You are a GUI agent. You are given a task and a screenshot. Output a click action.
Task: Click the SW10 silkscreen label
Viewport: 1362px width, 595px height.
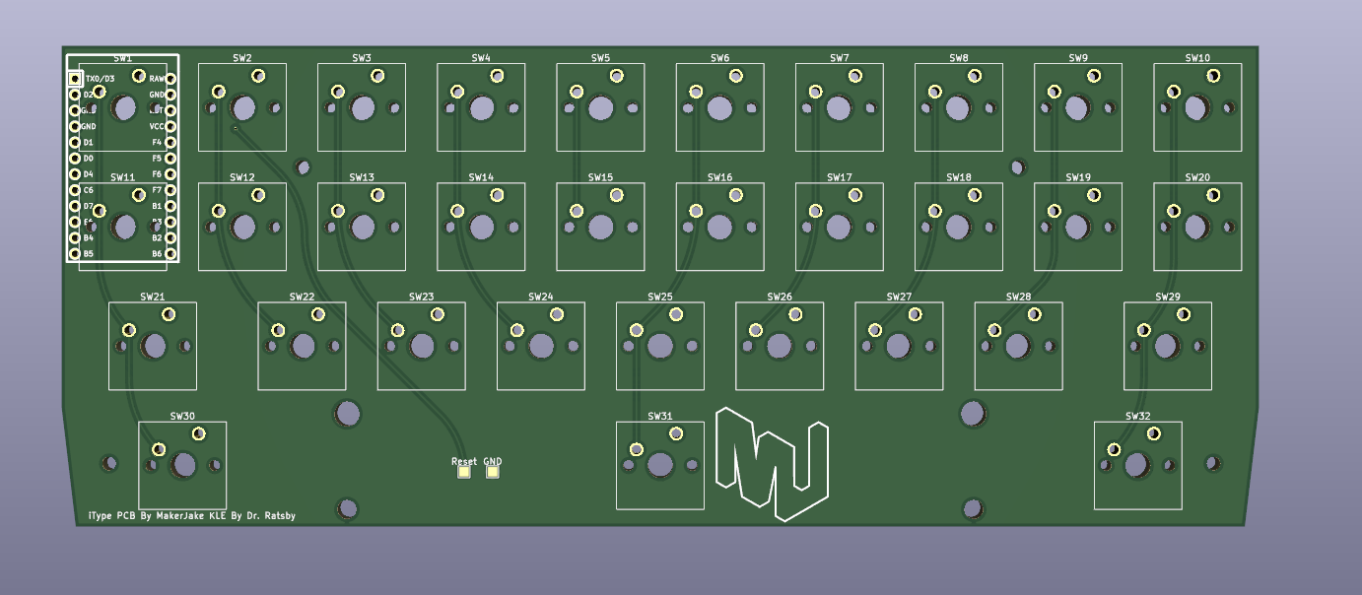[1197, 58]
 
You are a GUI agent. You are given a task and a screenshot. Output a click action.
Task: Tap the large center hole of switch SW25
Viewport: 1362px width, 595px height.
[660, 346]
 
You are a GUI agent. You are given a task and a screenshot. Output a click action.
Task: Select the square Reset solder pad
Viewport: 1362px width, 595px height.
[464, 472]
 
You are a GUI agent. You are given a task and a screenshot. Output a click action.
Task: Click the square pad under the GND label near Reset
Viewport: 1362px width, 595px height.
[493, 472]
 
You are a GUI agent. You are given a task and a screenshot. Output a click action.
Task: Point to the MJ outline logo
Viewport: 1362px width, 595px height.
[773, 463]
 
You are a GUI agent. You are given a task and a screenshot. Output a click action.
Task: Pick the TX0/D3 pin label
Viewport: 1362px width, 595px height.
[100, 79]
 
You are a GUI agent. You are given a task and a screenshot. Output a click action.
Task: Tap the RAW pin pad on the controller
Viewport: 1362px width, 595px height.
[170, 79]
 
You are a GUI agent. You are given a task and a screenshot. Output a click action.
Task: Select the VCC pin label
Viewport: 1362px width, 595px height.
[157, 126]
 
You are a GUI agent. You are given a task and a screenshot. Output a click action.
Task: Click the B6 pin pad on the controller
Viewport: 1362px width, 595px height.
[170, 253]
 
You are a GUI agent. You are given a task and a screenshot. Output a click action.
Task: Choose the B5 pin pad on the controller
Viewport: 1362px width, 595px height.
[74, 253]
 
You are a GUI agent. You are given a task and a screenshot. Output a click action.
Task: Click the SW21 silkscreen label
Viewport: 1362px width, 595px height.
[153, 297]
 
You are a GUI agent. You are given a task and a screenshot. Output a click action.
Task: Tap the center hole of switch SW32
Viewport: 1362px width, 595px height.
[1137, 465]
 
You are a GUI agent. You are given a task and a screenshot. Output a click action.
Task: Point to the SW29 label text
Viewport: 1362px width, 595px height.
[1168, 297]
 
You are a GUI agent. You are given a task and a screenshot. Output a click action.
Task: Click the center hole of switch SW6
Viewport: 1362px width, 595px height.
[720, 107]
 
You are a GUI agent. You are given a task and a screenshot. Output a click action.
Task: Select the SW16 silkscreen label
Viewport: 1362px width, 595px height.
[719, 177]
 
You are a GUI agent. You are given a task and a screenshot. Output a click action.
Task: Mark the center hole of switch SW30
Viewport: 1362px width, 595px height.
[183, 465]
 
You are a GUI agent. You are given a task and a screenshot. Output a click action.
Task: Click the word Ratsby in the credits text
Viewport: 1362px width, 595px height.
[277, 515]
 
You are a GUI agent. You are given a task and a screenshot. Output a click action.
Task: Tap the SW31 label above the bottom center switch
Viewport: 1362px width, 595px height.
[660, 416]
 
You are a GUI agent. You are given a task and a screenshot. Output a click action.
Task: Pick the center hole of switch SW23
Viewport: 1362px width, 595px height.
[422, 346]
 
